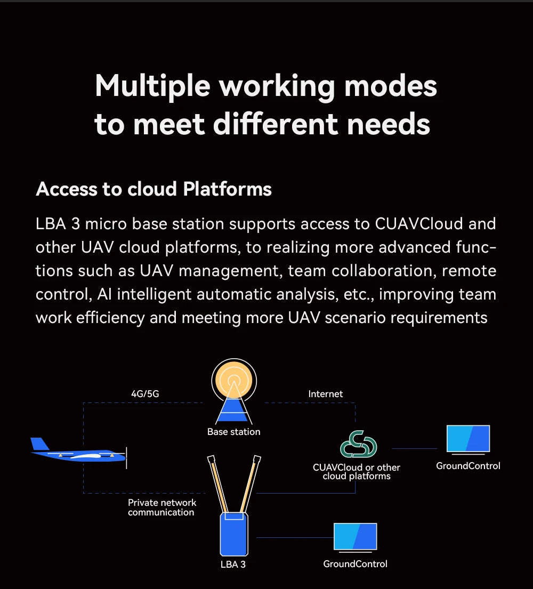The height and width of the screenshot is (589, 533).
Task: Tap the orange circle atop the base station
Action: coord(234,380)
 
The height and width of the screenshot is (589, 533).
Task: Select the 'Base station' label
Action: coord(234,432)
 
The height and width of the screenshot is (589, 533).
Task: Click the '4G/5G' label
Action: coord(145,394)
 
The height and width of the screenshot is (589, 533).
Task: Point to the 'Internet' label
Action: coord(326,394)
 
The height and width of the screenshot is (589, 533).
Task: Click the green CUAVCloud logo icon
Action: coord(359,444)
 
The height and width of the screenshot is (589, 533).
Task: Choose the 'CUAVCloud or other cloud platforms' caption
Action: coord(357,472)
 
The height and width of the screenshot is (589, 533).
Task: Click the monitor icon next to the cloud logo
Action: coord(468,439)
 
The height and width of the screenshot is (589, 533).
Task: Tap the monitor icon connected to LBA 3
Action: coord(355,537)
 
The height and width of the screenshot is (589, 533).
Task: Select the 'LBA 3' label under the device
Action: coord(233,564)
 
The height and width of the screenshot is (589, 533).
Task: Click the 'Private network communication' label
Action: coord(162,507)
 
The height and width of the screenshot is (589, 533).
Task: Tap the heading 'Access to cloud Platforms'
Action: coord(154,189)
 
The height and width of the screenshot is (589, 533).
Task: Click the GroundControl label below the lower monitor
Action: coord(355,564)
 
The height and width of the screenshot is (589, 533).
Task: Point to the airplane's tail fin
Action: coord(39,444)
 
